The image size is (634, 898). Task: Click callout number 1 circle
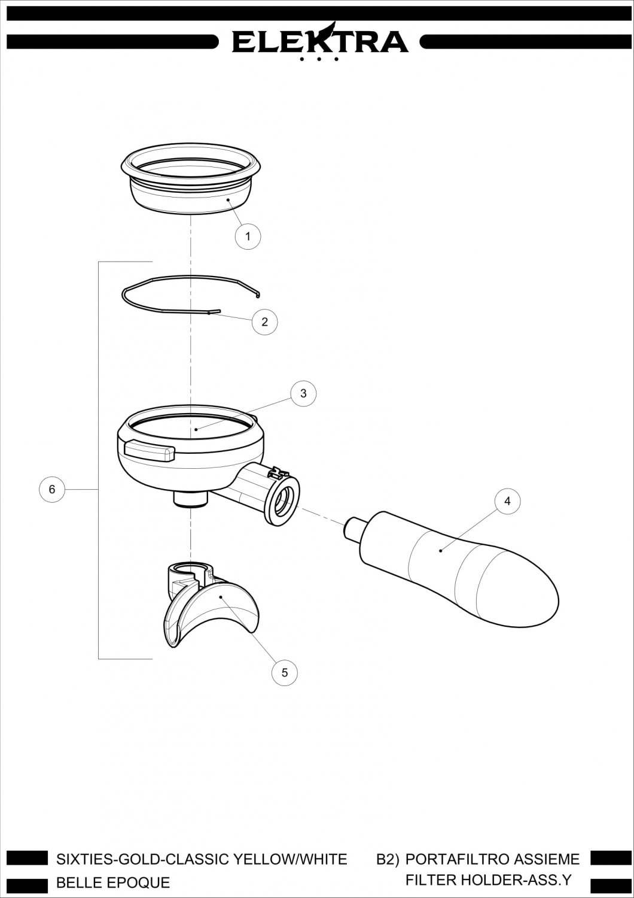click(248, 236)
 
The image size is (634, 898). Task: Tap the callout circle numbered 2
click(264, 321)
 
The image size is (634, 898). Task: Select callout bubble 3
click(303, 393)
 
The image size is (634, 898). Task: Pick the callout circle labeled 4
click(507, 501)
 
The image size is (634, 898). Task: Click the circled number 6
click(51, 489)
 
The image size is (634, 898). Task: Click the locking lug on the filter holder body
click(150, 451)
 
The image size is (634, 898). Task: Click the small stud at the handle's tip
click(352, 528)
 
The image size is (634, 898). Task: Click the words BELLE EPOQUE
click(114, 883)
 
